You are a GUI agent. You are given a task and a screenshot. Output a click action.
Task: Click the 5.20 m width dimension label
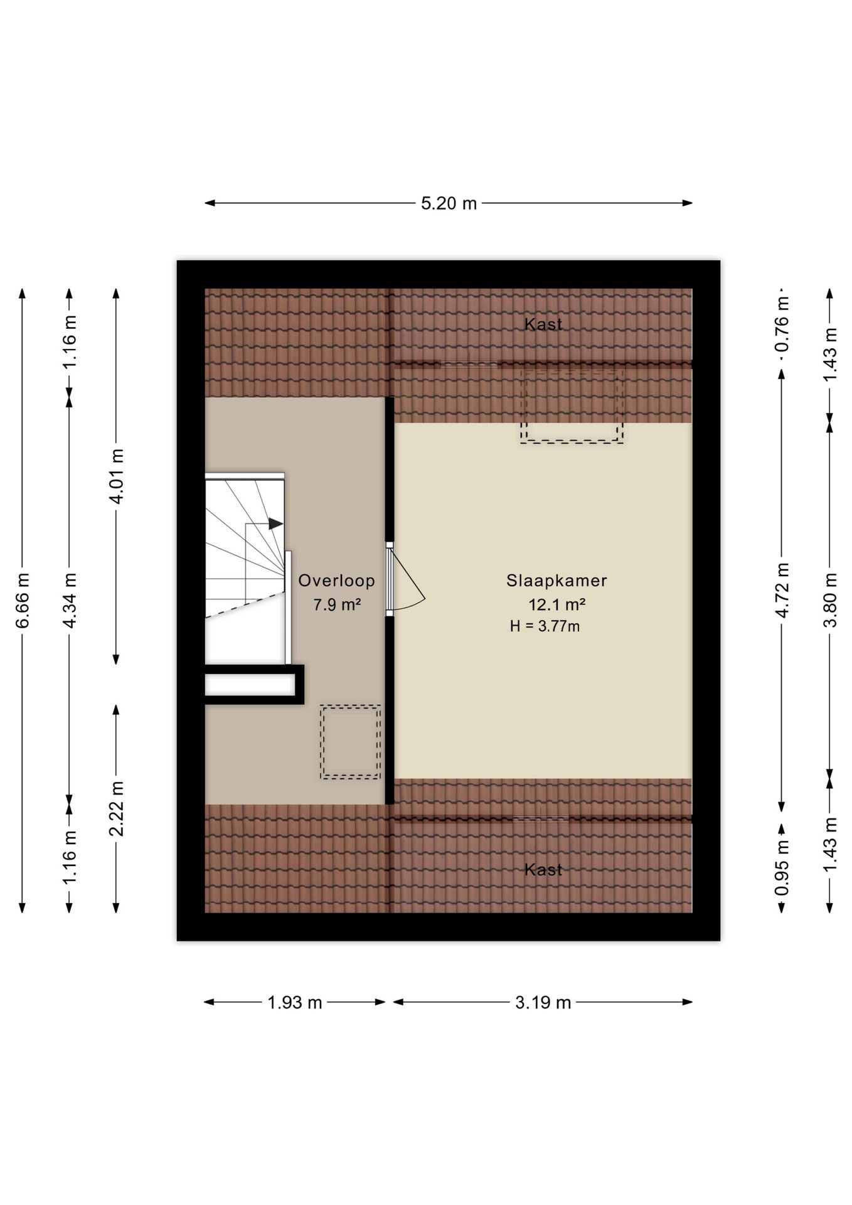click(449, 203)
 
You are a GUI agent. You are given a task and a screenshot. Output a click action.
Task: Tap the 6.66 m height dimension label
click(23, 600)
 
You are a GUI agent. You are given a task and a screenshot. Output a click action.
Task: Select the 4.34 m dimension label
click(70, 600)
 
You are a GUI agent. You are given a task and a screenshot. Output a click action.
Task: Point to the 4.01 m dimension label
click(117, 476)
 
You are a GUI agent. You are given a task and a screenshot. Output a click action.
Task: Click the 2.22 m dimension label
click(117, 809)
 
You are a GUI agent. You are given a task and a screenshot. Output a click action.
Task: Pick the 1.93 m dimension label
click(295, 1002)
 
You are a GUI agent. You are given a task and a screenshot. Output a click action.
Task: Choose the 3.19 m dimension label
click(543, 1002)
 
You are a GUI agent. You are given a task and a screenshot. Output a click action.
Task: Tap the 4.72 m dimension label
click(782, 590)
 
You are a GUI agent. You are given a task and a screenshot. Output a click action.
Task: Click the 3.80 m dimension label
click(831, 600)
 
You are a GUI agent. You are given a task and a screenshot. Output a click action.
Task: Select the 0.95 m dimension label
click(782, 869)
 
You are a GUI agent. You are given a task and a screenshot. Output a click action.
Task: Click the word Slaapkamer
click(557, 581)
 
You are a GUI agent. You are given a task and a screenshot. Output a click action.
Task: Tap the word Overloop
click(337, 581)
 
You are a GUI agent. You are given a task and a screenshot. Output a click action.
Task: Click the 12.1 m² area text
click(557, 604)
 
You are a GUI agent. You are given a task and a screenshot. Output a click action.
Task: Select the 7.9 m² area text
click(337, 604)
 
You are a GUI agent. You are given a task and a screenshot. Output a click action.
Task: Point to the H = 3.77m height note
click(545, 626)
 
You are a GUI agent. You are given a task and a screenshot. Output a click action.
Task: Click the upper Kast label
click(543, 324)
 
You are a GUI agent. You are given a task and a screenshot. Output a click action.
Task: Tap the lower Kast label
click(543, 869)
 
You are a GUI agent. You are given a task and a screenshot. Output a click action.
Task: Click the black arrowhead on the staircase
click(276, 523)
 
